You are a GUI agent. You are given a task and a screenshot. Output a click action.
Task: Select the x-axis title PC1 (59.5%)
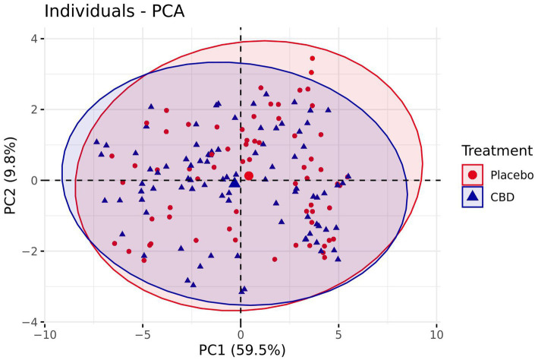click(241, 350)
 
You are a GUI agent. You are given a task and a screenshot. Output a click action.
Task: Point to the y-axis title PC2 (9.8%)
click(11, 180)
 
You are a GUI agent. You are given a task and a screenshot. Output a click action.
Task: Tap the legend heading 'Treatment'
click(497, 150)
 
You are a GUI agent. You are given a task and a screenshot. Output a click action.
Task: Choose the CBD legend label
click(502, 197)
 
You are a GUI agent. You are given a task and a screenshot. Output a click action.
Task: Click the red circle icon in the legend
click(473, 175)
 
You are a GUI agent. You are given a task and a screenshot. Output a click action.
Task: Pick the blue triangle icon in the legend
click(473, 197)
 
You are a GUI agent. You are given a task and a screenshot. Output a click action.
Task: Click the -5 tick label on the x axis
click(142, 333)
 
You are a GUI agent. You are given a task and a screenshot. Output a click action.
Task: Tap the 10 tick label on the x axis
click(436, 333)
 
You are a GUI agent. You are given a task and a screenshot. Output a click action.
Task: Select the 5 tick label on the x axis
click(338, 333)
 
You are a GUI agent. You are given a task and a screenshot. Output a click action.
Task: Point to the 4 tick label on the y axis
click(34, 39)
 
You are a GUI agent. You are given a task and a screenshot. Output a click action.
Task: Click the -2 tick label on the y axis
click(31, 251)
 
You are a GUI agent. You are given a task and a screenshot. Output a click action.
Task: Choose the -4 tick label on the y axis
click(31, 322)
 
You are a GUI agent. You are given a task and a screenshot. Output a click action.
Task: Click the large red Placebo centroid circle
click(249, 175)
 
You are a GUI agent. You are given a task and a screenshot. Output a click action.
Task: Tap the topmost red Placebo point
click(312, 58)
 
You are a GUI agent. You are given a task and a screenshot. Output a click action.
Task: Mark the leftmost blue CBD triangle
click(96, 141)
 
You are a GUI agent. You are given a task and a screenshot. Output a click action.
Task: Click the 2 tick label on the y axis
click(34, 109)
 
